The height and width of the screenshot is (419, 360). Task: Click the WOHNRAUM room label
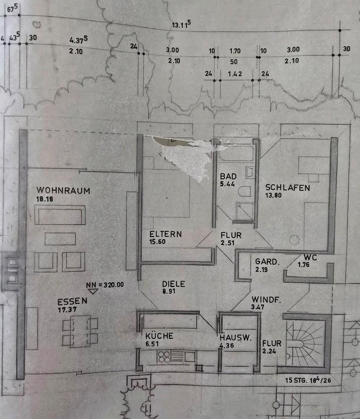point(63,191)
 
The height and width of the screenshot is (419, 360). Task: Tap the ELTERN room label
point(165,234)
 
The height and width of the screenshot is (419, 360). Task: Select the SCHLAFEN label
point(287,188)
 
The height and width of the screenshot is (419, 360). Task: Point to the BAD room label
point(228,176)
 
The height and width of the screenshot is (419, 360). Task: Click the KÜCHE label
point(159,336)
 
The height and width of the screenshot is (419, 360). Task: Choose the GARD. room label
point(267,262)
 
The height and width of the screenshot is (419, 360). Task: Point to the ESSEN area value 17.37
point(68,309)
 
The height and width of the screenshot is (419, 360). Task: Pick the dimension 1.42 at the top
point(235,73)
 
